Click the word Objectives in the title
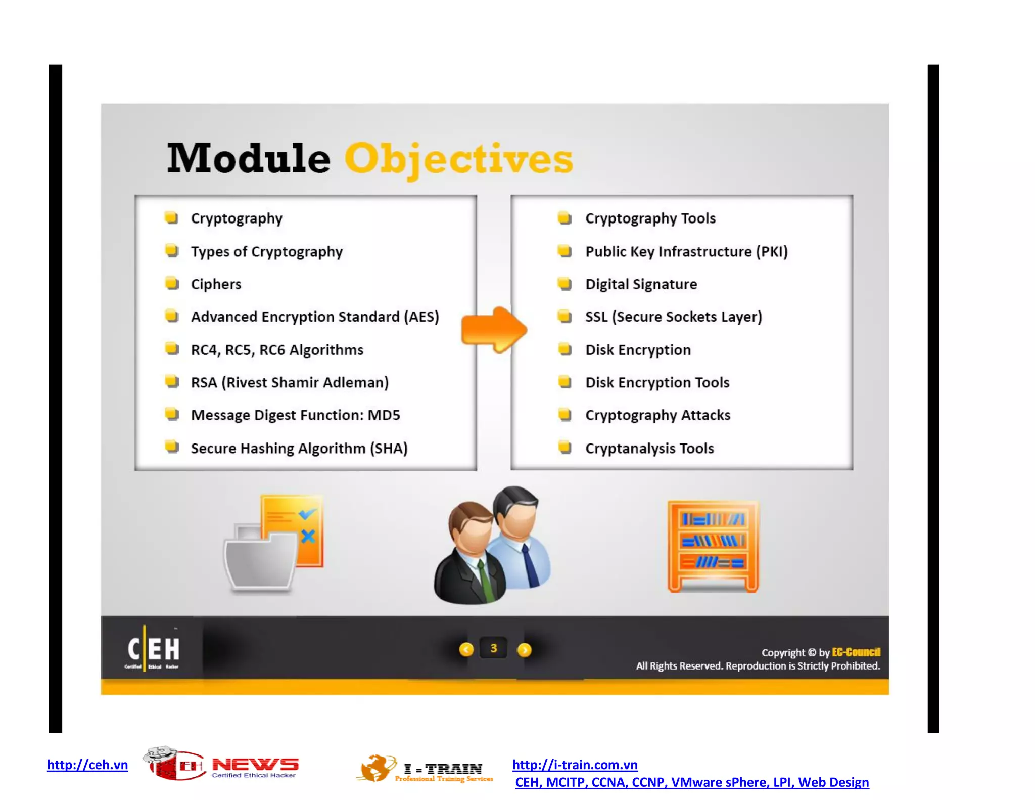pos(458,159)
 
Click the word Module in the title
pos(249,159)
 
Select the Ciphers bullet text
pos(216,284)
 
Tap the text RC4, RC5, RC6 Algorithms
pos(277,350)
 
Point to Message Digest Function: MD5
pos(295,415)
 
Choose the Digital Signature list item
pos(641,284)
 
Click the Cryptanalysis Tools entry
pos(649,449)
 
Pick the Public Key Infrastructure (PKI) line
pos(686,252)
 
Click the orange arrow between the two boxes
pos(494,330)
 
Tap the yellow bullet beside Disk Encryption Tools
pos(564,382)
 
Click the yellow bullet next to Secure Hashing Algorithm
pos(172,447)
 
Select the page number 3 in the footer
pos(494,648)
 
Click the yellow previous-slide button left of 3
pos(466,649)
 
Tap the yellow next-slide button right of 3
pos(525,649)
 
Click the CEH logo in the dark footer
pos(152,649)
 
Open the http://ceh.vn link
pos(87,765)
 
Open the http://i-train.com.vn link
pos(575,765)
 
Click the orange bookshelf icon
pos(713,546)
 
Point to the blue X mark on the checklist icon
pos(308,536)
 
